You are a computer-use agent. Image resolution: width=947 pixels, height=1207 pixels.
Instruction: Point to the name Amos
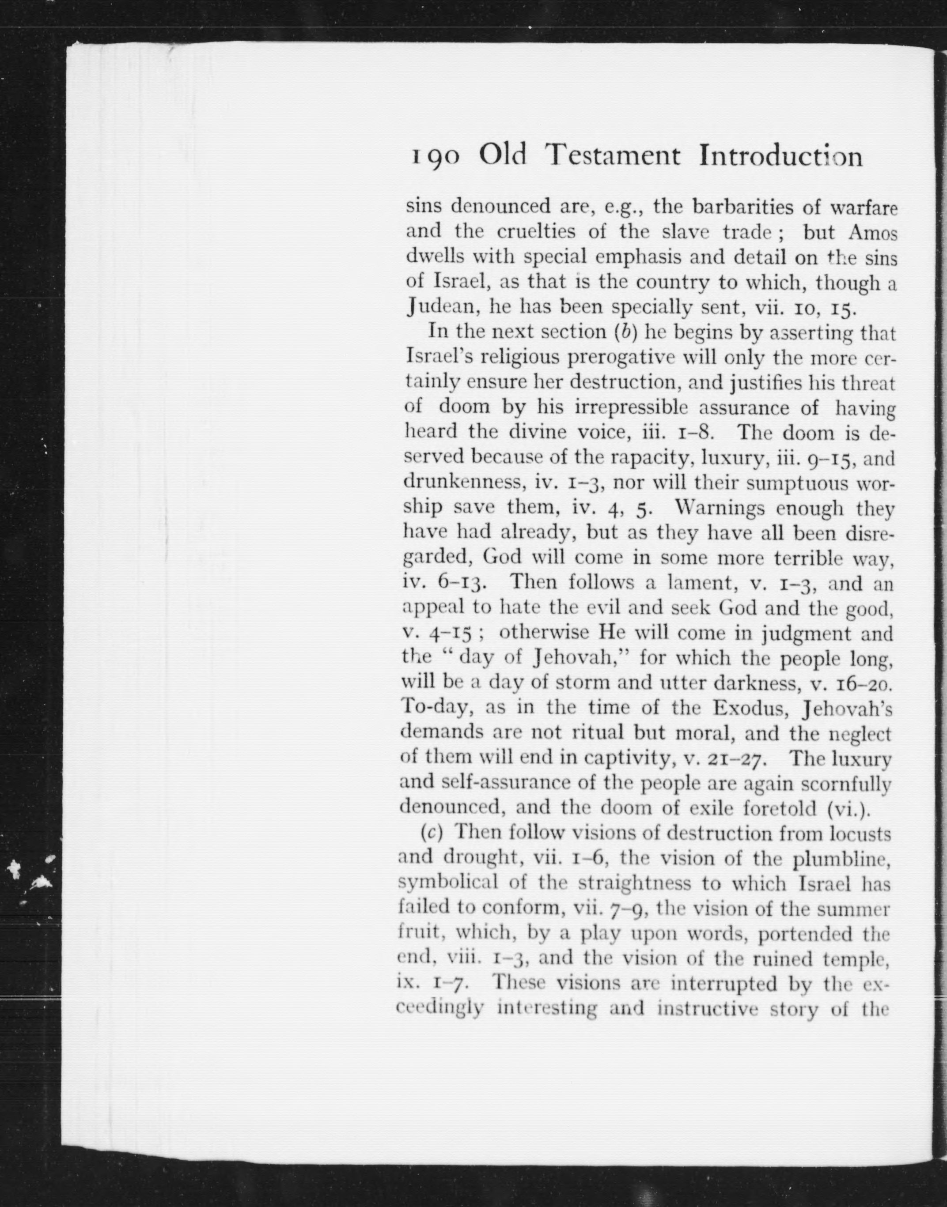point(872,233)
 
